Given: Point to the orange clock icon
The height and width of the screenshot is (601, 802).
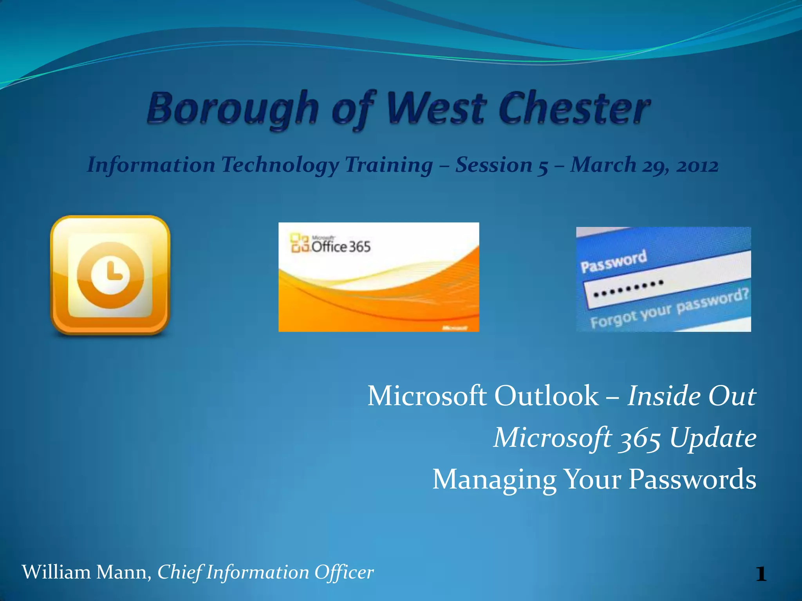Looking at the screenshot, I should click(x=110, y=275).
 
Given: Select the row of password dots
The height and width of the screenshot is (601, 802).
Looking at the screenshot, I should click(x=629, y=288).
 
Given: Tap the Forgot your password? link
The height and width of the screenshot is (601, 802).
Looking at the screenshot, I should click(x=670, y=309).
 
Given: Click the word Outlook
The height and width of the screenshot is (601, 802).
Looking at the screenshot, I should click(x=546, y=396).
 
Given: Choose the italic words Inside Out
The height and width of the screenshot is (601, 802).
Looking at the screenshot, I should click(x=692, y=396).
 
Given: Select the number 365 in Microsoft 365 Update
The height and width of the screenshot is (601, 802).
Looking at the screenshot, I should click(x=639, y=437).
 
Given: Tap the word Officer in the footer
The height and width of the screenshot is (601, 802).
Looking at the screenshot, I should click(x=344, y=572).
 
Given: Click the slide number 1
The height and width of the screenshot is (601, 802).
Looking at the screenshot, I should click(x=761, y=574).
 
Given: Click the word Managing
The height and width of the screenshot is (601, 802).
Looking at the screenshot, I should click(x=494, y=480).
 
